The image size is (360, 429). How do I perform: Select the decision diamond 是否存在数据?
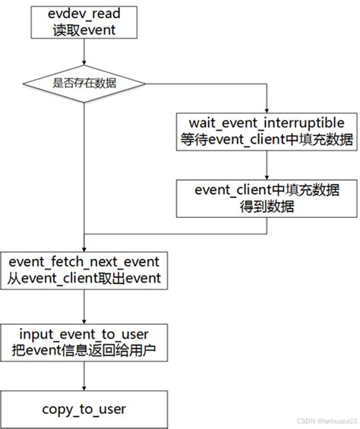point(85,84)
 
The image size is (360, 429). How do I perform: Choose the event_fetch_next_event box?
point(85,269)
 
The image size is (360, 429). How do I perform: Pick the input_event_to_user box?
point(85,342)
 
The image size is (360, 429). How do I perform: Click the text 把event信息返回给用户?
point(85,351)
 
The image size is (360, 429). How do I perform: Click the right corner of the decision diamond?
point(150,84)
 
